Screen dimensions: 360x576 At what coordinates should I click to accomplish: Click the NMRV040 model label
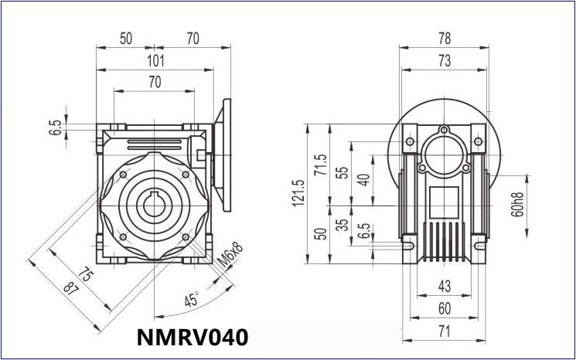(x=193, y=338)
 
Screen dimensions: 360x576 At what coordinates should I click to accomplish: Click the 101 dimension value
(x=155, y=61)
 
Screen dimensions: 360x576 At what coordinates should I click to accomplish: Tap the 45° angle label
(x=190, y=299)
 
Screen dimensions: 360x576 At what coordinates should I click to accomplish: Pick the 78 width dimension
(x=445, y=37)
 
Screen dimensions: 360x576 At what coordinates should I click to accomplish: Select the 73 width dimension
(x=445, y=61)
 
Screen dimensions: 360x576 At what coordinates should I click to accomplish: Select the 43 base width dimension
(x=444, y=286)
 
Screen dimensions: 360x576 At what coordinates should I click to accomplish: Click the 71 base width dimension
(x=444, y=332)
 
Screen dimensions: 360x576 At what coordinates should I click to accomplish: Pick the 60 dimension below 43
(x=444, y=309)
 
